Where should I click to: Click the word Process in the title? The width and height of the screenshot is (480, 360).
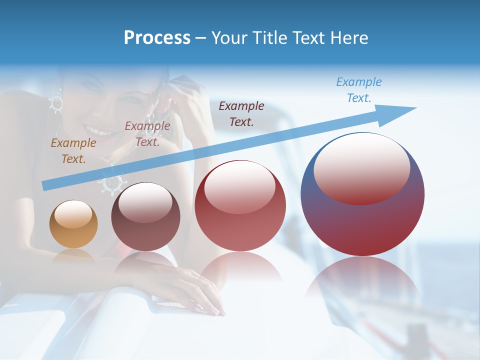tap(157, 38)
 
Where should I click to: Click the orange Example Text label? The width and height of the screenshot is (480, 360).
tap(73, 151)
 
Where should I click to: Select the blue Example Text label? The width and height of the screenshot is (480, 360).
tap(359, 90)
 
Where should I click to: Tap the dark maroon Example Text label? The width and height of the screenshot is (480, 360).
tap(241, 113)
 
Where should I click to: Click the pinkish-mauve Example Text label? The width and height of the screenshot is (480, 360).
tap(147, 134)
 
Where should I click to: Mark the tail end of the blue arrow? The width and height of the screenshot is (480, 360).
tap(45, 186)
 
